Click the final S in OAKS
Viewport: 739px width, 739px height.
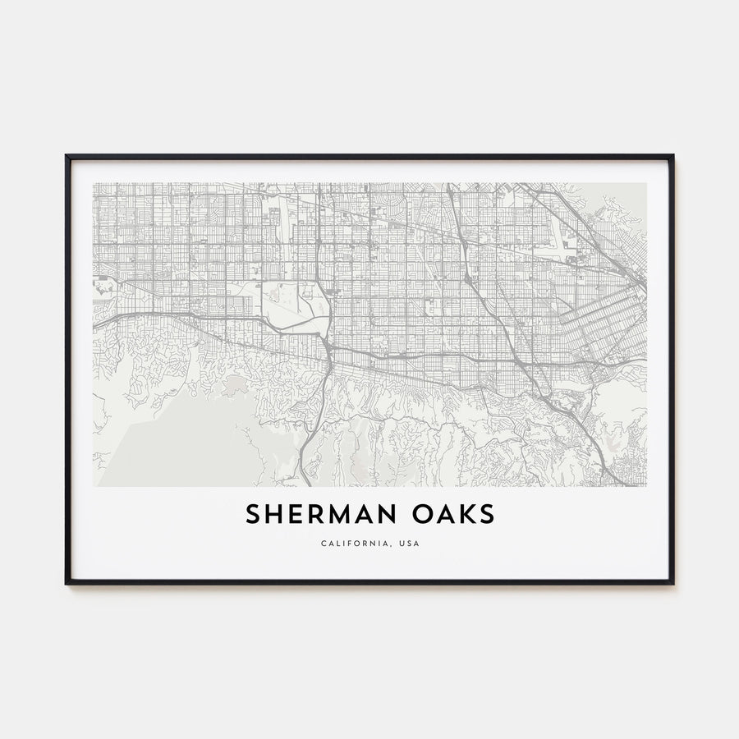[488, 515]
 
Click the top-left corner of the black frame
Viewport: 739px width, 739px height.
[67, 156]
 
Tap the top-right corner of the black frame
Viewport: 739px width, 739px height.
[672, 156]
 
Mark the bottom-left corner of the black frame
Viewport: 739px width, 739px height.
[67, 583]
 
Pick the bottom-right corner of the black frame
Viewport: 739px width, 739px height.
[672, 583]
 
